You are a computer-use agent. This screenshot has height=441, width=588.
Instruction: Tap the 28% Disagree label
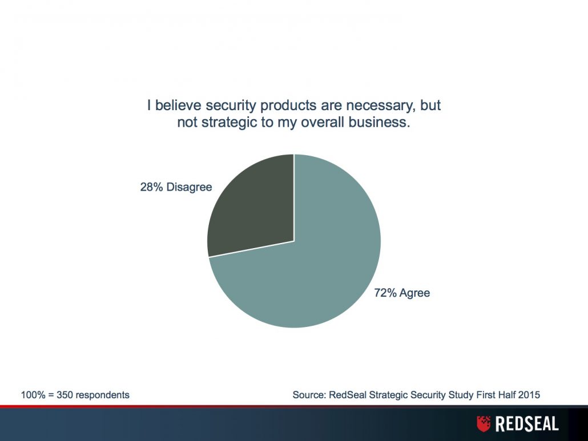pyautogui.click(x=176, y=187)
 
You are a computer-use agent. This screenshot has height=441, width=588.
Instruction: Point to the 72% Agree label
pyautogui.click(x=402, y=293)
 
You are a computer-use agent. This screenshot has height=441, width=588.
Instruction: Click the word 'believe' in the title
pyautogui.click(x=178, y=106)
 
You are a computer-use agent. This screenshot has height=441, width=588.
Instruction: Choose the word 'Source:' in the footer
pyautogui.click(x=309, y=395)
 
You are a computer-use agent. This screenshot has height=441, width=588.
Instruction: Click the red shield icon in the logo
pyautogui.click(x=484, y=423)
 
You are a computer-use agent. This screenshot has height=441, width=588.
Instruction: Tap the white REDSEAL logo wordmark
pyautogui.click(x=527, y=424)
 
